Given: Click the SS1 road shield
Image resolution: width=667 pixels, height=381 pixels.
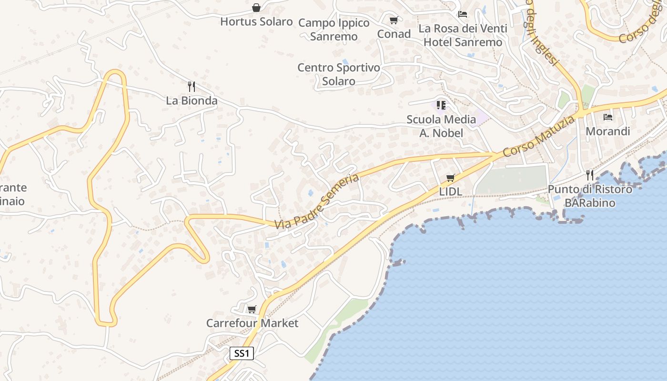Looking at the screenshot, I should [x=242, y=353].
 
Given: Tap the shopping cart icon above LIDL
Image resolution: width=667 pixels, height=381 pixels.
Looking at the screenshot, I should [x=450, y=178].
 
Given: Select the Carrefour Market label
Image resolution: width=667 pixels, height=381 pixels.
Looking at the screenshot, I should [x=252, y=323].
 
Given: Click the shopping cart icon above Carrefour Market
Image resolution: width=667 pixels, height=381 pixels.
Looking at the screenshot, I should [x=252, y=310].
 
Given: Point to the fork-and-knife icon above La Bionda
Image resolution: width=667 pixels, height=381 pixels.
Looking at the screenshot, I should [x=192, y=87].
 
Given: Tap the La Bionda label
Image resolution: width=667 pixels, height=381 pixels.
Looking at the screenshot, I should [x=192, y=100].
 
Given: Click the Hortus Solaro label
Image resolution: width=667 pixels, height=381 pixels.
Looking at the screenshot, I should [x=256, y=21].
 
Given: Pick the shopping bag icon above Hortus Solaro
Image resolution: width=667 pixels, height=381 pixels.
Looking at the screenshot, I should [x=256, y=8].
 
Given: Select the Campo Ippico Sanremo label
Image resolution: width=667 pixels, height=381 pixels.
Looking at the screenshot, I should [x=334, y=30].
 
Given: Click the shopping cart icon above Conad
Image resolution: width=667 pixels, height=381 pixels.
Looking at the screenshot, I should [x=394, y=20].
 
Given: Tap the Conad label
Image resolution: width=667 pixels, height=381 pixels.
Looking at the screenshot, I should [x=394, y=34].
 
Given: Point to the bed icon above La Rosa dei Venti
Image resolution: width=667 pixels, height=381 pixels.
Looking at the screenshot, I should [x=463, y=14].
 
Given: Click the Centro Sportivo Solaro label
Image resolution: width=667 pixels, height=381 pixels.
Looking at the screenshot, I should [x=339, y=74].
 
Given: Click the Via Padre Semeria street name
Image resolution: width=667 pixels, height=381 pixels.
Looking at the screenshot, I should [x=317, y=201].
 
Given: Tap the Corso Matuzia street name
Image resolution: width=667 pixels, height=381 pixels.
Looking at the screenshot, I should [x=538, y=137].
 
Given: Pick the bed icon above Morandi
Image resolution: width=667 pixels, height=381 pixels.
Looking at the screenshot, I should [x=608, y=117].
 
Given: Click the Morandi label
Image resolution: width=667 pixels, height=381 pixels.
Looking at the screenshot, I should [x=608, y=131].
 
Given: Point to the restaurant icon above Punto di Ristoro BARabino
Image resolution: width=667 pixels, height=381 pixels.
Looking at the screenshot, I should [x=590, y=175].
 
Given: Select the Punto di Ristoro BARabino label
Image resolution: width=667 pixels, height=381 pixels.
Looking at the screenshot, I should [x=590, y=196].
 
